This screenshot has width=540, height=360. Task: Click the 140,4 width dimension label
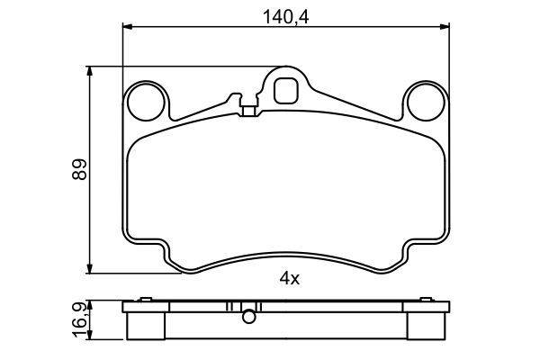[285, 17]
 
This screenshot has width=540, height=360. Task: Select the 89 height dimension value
[79, 169]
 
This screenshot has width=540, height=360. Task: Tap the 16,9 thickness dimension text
[79, 319]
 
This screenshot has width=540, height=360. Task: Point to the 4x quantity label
[289, 278]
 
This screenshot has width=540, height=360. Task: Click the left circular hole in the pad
[146, 102]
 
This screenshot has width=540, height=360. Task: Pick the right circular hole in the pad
[426, 102]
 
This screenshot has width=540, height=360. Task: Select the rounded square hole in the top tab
[285, 91]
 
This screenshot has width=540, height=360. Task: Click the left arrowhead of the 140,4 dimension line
[128, 26]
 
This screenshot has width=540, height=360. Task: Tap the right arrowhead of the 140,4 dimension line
[445, 26]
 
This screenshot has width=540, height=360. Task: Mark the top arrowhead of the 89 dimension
[90, 71]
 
